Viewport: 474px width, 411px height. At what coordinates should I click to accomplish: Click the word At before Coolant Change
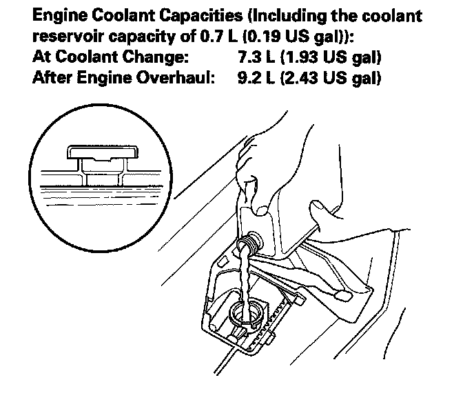coord(41,57)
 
